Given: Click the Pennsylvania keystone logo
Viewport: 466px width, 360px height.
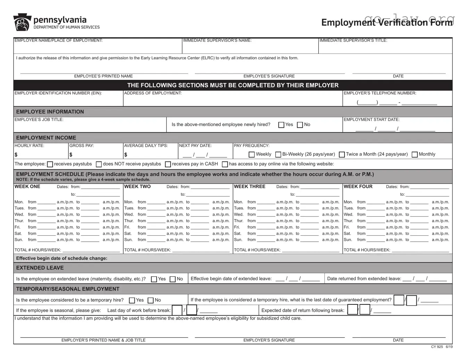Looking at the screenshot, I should [x=22, y=23].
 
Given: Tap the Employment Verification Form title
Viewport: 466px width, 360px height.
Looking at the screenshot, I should [x=387, y=22].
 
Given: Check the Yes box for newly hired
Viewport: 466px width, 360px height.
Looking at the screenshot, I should [x=281, y=125].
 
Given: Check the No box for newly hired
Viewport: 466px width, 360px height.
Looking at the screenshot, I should [x=300, y=125].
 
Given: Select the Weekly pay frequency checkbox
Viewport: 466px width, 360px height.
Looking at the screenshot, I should [x=252, y=154].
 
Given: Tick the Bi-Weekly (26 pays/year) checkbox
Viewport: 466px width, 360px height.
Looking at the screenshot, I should [x=278, y=154].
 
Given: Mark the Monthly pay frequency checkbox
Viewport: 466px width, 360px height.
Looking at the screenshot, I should [x=415, y=154].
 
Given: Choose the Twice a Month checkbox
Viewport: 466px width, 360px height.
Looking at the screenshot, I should [x=342, y=154].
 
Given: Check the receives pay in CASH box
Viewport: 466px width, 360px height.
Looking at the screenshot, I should [x=168, y=164].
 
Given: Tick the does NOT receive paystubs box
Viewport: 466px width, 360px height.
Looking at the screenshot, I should [x=99, y=164].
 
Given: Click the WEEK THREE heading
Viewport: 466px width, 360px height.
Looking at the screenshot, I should [x=250, y=186].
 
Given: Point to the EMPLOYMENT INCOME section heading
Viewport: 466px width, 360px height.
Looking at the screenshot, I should [x=46, y=138].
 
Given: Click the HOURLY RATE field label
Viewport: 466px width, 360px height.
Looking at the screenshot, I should [x=29, y=146].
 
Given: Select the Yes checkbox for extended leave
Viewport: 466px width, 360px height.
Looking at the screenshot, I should [x=154, y=279].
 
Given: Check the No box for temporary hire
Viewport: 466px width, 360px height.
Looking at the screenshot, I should [x=151, y=300].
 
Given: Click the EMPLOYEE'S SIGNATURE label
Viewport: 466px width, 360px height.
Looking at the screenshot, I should [x=269, y=76].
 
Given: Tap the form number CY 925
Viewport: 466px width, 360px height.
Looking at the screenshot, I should [x=437, y=347].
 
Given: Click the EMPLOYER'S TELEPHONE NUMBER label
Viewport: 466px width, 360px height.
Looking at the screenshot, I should [x=380, y=93].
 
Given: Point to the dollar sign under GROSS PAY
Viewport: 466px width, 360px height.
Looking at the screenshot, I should [x=71, y=155].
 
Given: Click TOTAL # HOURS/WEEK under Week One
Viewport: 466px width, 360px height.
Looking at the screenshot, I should [x=38, y=250].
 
